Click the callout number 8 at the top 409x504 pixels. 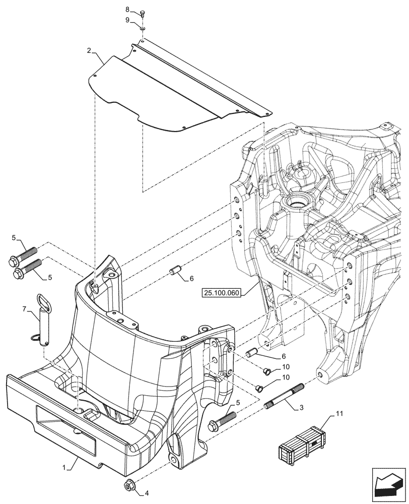pyautogui.click(x=127, y=10)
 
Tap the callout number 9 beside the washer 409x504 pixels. pyautogui.click(x=127, y=20)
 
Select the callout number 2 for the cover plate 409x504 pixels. pyautogui.click(x=89, y=51)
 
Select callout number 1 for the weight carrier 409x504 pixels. pyautogui.click(x=63, y=468)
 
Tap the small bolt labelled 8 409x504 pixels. pyautogui.click(x=143, y=14)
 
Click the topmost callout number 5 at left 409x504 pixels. pyautogui.click(x=14, y=237)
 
